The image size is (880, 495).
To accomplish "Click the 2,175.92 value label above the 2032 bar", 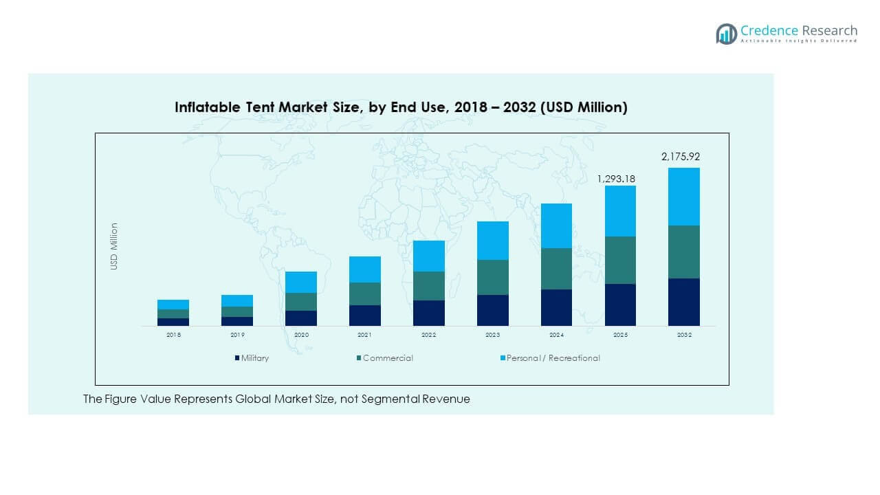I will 681,157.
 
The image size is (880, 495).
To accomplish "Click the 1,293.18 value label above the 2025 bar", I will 616,179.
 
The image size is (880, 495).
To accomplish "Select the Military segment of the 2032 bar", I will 683,302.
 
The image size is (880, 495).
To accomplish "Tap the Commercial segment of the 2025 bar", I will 620,260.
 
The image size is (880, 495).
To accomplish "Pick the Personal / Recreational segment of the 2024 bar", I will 556,225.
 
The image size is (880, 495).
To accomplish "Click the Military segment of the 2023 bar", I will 492,310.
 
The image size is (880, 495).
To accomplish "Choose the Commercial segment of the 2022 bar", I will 428,286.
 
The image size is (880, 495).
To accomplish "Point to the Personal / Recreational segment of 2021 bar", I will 364,269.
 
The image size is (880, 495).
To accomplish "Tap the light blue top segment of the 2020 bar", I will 301,282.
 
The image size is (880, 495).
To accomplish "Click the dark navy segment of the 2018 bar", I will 173,322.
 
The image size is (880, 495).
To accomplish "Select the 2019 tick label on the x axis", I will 237,335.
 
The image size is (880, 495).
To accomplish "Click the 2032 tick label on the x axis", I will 683,335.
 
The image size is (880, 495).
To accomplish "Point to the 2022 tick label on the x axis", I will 428,335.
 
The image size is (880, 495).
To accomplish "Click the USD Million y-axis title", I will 114,246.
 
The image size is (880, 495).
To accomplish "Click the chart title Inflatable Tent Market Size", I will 401,107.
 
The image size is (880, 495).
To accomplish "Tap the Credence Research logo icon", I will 726,34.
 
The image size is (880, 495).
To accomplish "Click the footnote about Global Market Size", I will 276,399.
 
